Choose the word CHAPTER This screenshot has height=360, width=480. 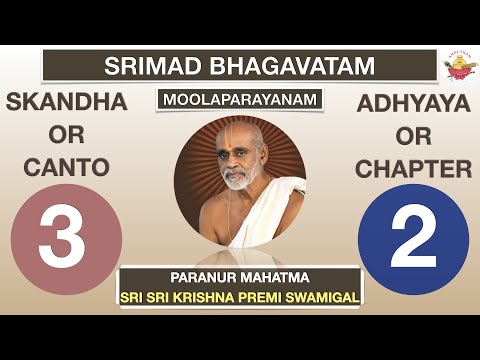click(414, 170)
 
